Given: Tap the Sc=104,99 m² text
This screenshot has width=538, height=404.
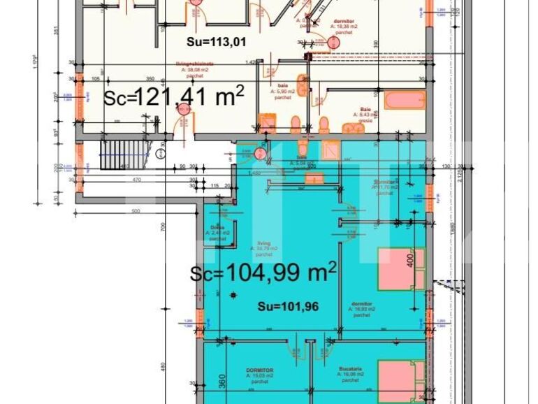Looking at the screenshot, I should coord(263,273).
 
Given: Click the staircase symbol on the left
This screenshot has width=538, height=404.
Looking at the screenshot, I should coord(115,154).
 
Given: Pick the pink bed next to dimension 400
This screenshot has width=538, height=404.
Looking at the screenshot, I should coord(401,269).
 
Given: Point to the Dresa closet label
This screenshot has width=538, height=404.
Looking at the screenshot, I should coord(217,233).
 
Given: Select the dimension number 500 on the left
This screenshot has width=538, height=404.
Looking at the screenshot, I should coord(136,210).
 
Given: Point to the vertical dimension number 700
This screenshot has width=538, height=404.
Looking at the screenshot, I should coord(161,227).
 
